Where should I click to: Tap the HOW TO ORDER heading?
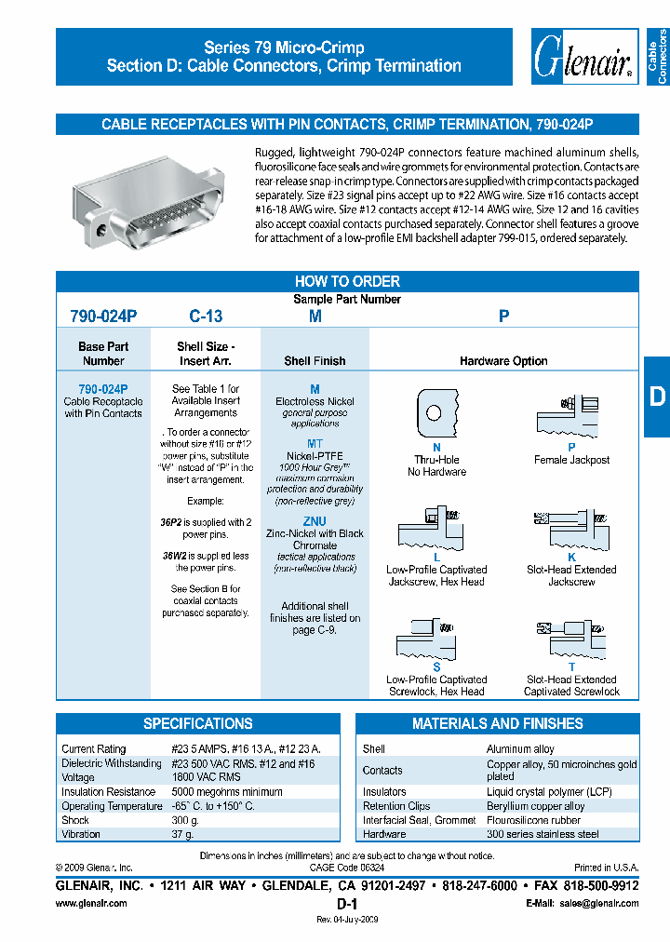tap(347, 281)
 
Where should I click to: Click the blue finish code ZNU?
tap(315, 522)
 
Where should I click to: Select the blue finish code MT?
tap(315, 444)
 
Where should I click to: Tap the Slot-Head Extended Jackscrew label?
tap(571, 575)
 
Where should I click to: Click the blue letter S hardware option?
tap(436, 667)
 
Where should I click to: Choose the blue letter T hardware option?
tap(571, 667)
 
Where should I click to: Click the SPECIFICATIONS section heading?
tap(197, 723)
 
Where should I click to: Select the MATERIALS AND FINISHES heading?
tap(498, 723)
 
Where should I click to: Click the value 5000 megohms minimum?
tap(227, 792)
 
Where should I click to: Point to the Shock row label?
tap(75, 820)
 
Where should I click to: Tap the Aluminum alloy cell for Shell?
tap(520, 748)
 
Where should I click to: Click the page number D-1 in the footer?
tap(347, 904)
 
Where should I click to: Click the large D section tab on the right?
tap(657, 397)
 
